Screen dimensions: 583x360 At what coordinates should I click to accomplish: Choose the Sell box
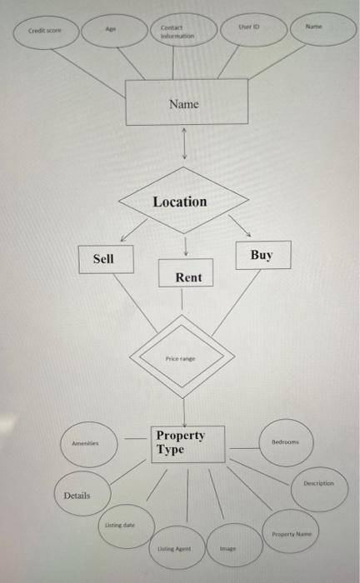102,259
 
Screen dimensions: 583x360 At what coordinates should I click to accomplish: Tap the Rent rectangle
187,274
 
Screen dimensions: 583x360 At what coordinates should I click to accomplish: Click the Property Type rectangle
188,442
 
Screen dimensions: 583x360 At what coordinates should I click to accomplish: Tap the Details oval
77,496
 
